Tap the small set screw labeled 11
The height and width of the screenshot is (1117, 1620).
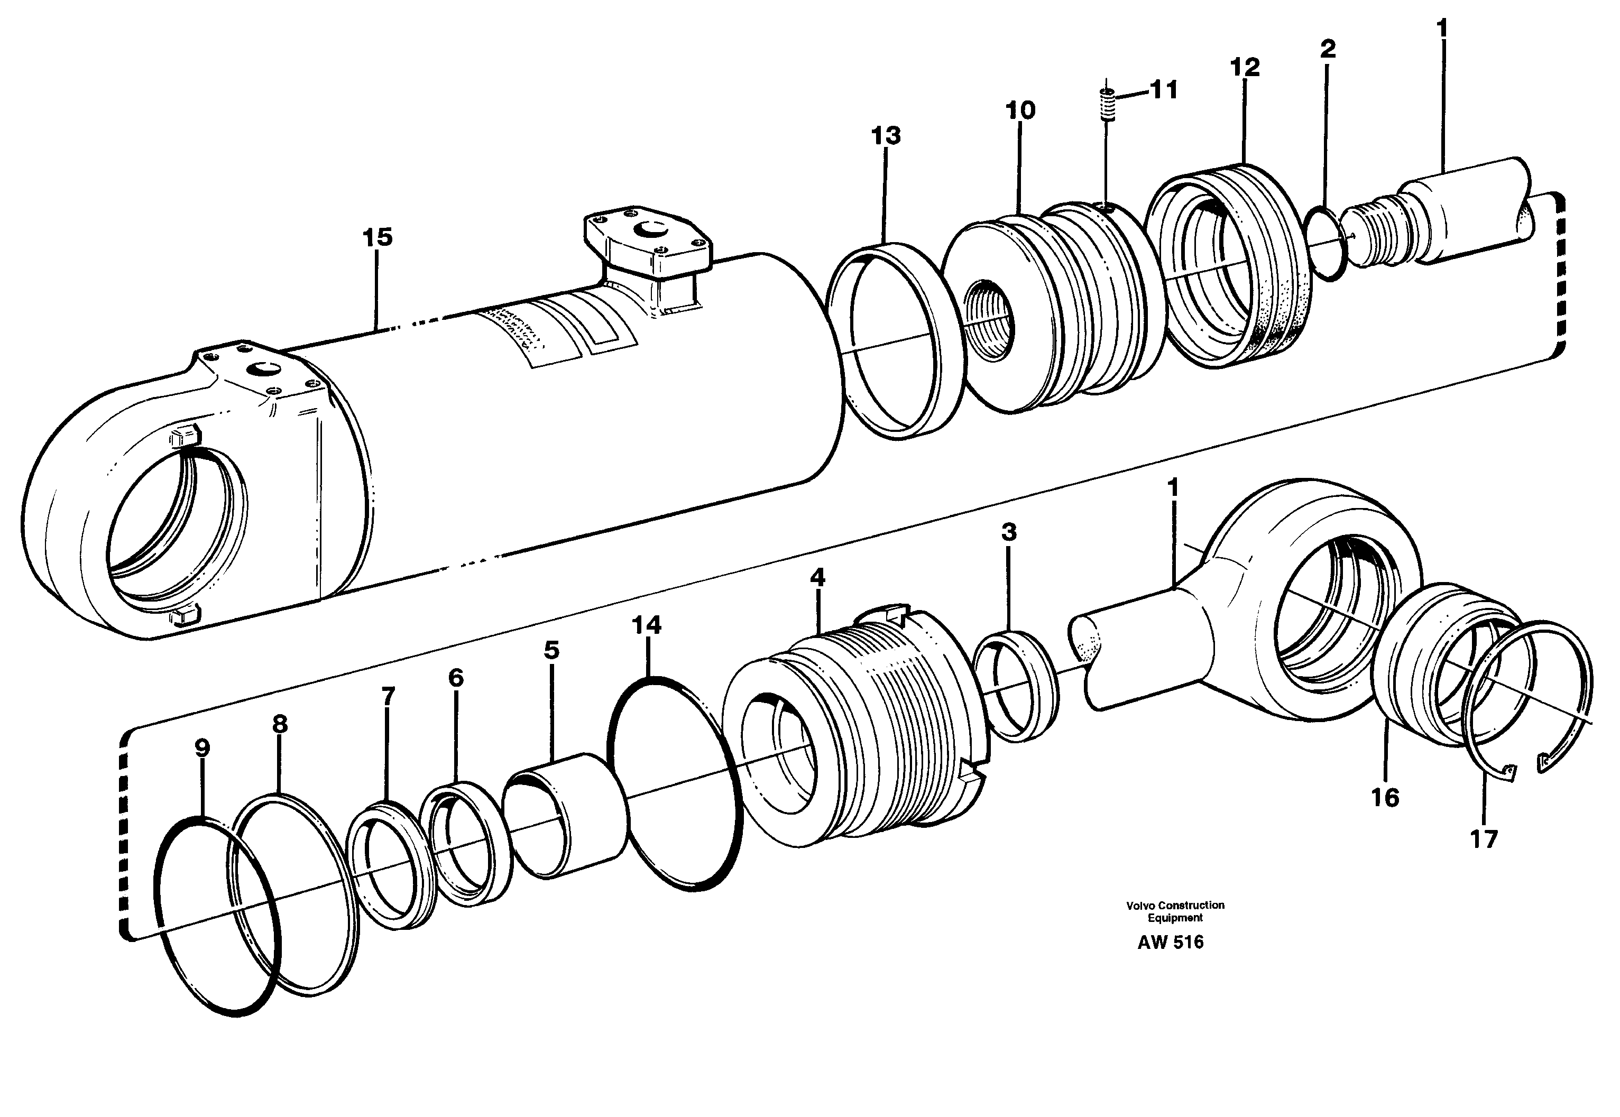point(1107,105)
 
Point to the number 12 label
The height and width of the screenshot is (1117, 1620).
point(1244,68)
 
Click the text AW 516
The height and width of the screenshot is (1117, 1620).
point(1170,943)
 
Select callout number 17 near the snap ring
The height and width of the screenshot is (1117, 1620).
point(1483,839)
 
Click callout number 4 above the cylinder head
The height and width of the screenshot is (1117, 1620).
point(817,578)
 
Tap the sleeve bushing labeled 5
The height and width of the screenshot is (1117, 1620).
point(567,815)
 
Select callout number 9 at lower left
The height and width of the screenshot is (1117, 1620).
point(201,748)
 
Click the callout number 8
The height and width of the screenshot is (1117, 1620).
point(279,724)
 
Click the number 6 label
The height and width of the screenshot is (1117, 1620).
point(456,678)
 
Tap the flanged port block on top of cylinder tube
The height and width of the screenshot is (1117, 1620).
point(647,245)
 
